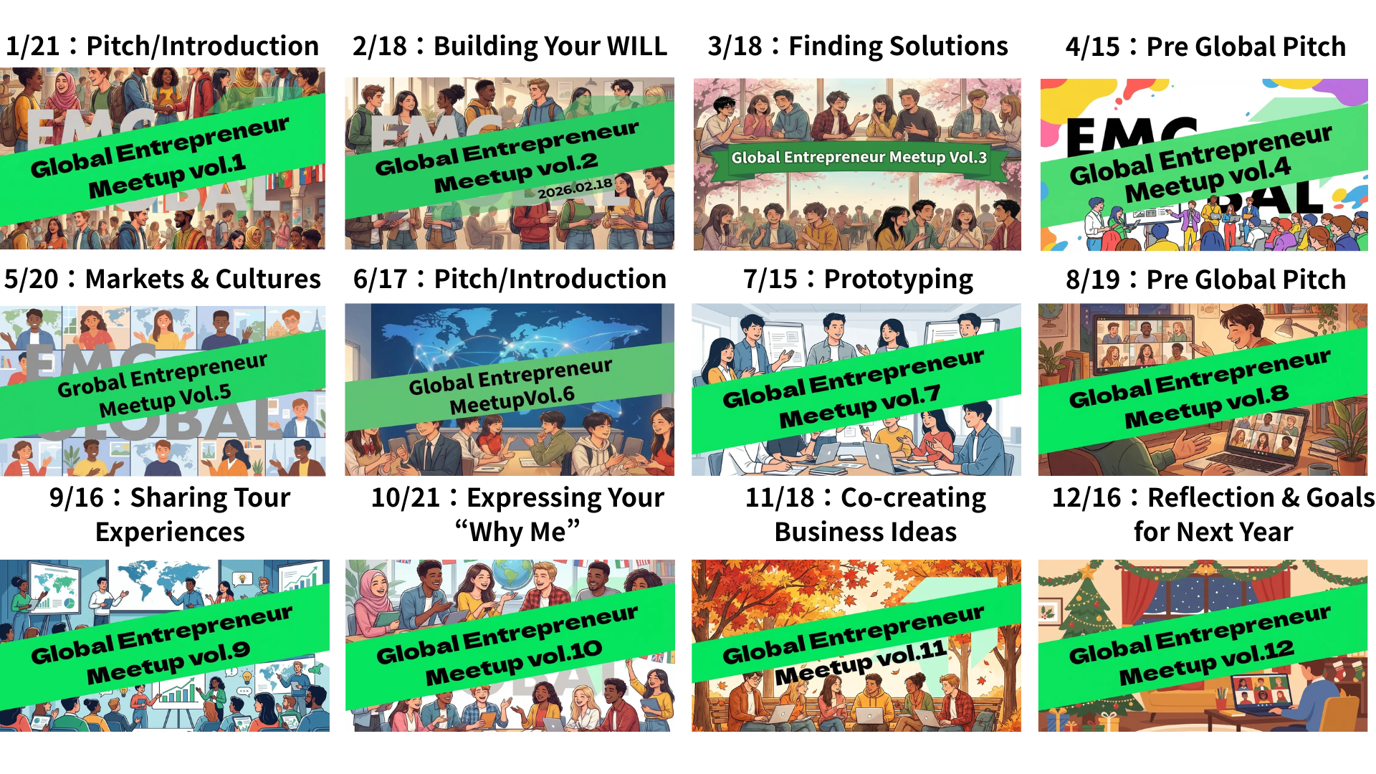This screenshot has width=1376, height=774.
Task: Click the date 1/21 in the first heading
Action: (33, 47)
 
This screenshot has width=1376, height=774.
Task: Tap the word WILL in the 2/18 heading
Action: (636, 47)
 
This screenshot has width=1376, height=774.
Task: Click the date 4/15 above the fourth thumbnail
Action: (1092, 47)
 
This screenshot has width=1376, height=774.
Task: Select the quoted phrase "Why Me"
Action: (517, 532)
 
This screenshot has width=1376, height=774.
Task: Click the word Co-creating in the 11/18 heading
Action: (913, 498)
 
